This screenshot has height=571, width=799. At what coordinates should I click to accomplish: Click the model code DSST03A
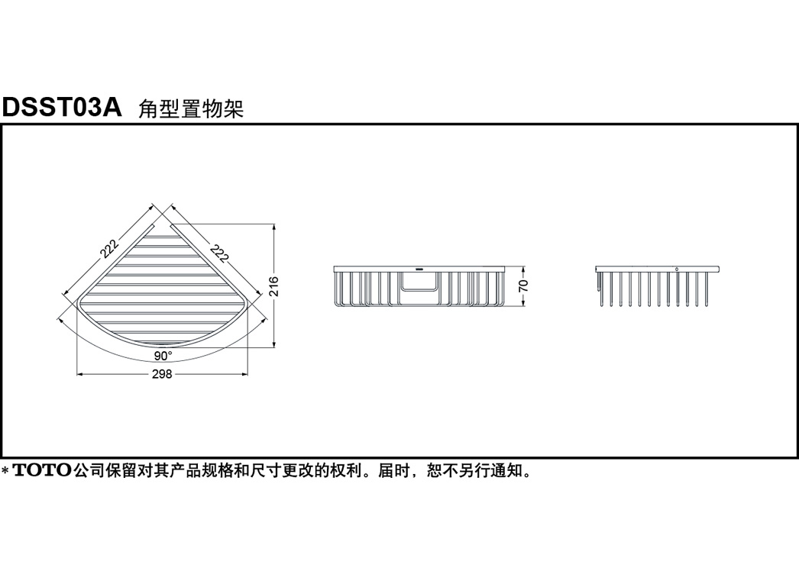coord(62,108)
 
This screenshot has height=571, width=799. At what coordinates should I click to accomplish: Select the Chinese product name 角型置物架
coord(191,108)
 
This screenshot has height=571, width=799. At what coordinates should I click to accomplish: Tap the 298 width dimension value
coord(162,374)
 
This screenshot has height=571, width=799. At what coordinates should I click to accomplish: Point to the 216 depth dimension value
coord(273,286)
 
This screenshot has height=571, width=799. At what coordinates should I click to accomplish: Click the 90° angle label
coord(163,356)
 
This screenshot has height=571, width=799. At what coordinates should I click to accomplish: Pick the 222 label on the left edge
coord(109,248)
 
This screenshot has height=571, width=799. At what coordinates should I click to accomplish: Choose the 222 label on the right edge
coord(219,251)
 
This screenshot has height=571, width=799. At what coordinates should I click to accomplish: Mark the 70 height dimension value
coord(523,285)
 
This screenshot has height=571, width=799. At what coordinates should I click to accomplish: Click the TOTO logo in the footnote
coord(42,469)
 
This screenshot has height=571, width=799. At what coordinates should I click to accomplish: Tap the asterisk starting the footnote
coord(5,471)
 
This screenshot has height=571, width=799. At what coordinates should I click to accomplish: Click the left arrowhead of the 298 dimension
coord(80,374)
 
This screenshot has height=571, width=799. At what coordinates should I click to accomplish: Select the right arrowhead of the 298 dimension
coord(244,374)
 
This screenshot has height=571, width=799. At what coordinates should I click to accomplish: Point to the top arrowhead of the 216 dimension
coord(274,227)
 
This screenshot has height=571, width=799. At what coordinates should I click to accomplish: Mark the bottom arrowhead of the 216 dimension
coord(274,345)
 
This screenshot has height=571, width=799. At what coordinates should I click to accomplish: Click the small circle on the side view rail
coord(676,269)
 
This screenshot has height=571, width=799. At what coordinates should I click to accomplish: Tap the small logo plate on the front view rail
coord(420,267)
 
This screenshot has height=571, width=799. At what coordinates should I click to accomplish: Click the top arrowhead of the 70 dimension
coord(524,269)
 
